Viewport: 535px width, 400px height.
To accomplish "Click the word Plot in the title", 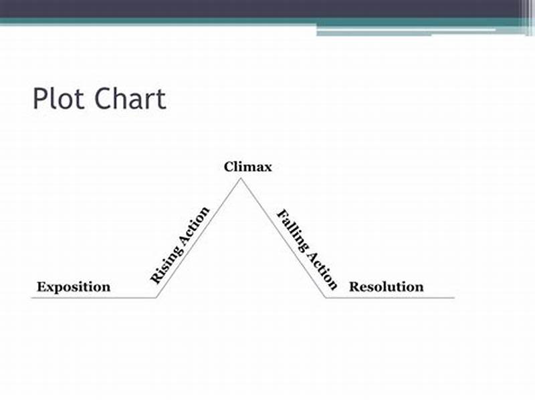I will (59, 99).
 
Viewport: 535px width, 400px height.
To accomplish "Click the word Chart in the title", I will (129, 99).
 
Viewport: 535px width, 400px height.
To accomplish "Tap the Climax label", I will (247, 167).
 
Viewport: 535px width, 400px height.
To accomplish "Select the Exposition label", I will (74, 287).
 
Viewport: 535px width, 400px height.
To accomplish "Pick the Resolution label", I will (387, 287).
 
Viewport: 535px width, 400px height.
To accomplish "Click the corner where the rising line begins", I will (156, 297).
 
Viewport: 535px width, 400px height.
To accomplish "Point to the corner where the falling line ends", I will (326, 297).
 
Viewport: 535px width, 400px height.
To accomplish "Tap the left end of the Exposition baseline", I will (32, 297).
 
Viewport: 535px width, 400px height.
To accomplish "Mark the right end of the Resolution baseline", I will (454, 297).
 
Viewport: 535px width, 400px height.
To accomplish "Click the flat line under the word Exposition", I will (74, 297).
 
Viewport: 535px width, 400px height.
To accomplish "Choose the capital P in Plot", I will (39, 99).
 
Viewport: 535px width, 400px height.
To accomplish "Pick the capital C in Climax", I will (229, 167).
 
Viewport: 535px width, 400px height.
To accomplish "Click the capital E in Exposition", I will (41, 287).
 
